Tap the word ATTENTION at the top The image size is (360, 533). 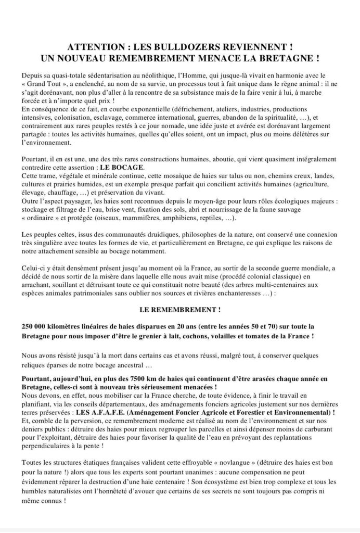96,45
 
